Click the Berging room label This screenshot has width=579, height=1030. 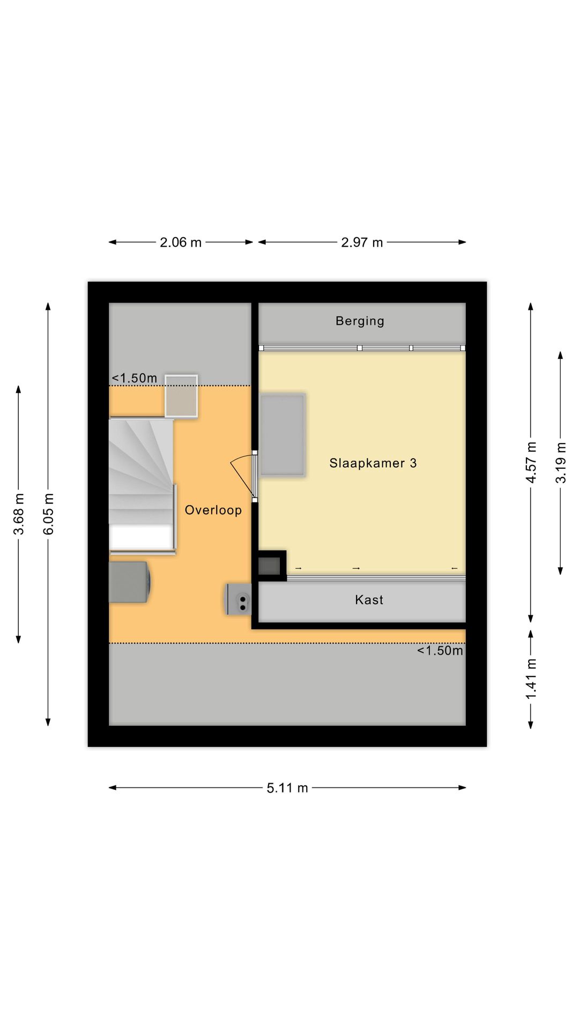tap(360, 321)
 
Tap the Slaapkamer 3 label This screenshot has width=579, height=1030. tap(373, 463)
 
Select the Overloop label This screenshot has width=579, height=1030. tap(213, 510)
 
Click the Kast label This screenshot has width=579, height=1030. tap(369, 600)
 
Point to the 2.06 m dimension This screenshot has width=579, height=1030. tap(181, 242)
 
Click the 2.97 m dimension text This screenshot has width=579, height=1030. tap(362, 242)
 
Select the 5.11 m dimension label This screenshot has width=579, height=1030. tap(287, 788)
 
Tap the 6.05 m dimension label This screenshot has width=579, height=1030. tap(49, 514)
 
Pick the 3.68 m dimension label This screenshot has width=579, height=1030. tap(19, 514)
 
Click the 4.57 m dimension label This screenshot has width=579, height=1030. tap(531, 462)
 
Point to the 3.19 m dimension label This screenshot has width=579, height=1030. tap(561, 462)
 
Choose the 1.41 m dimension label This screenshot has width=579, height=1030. tap(531, 679)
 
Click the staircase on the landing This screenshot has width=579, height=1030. tap(142, 486)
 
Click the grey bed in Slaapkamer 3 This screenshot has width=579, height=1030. tap(283, 435)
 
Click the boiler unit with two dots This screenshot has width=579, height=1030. tap(239, 600)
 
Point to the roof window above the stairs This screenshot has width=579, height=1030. tap(181, 396)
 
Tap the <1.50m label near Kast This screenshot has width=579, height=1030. tap(440, 651)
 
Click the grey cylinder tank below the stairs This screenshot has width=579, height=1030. tap(129, 582)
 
